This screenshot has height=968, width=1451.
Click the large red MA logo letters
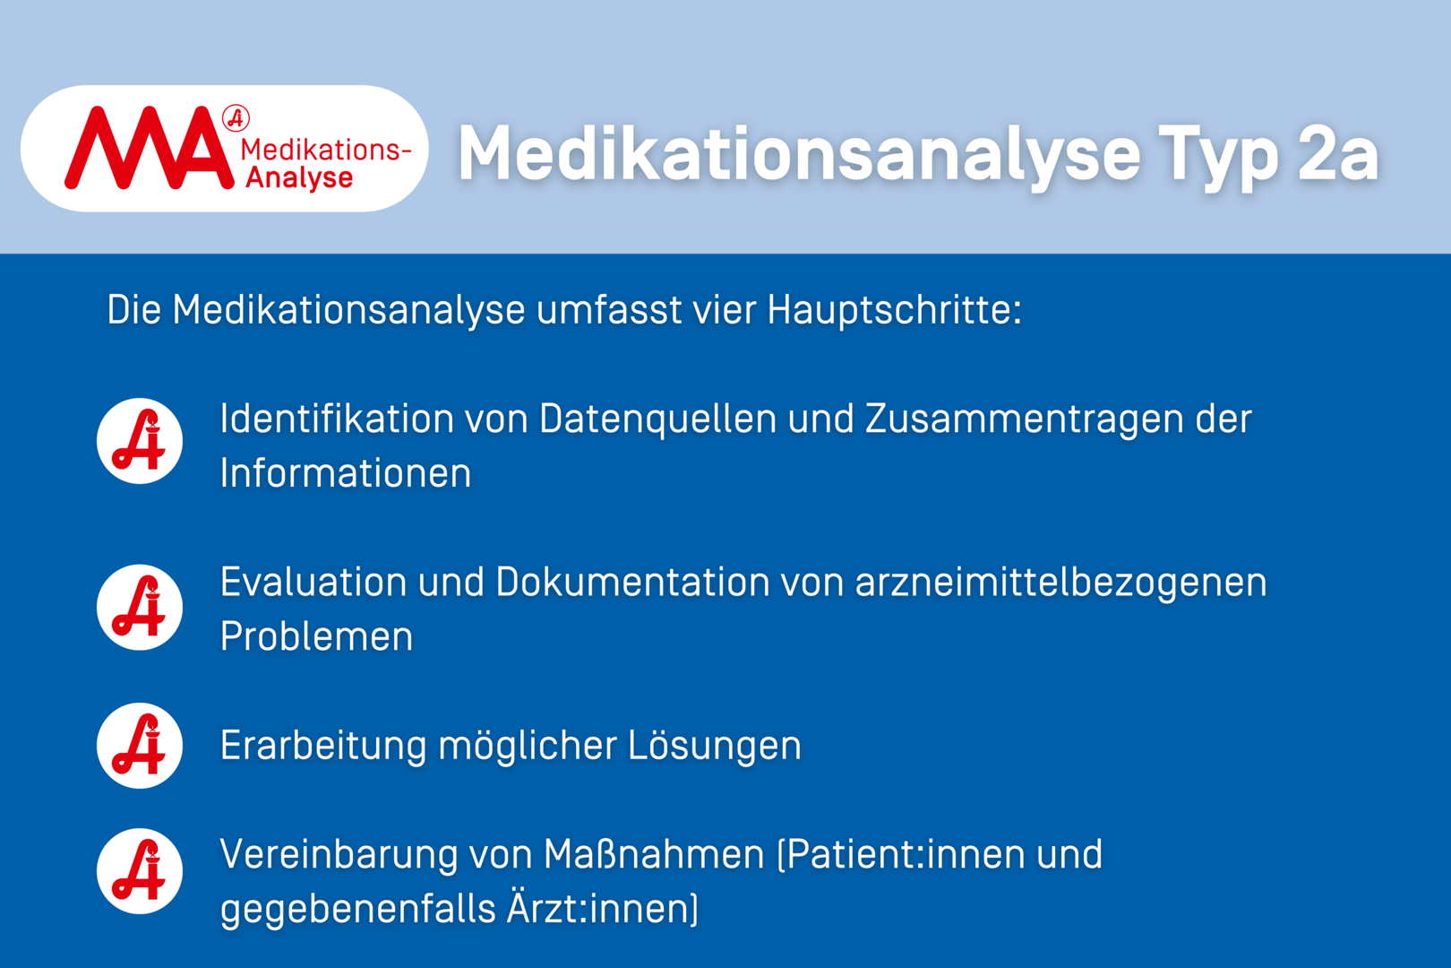149,148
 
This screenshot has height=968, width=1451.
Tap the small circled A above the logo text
236,118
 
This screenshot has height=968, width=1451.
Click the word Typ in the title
1218,159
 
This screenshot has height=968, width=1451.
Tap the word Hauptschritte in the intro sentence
894,310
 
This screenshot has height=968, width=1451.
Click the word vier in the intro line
724,310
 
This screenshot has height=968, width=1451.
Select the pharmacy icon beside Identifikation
139,441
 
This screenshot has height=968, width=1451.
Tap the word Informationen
345,473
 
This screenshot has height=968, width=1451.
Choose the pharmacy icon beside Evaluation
139,608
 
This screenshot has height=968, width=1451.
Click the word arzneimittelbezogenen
1061,583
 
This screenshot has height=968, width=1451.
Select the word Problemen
316,636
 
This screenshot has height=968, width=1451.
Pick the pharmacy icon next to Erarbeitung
139,746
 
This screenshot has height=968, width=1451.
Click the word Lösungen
715,747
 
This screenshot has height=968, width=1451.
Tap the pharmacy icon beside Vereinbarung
139,871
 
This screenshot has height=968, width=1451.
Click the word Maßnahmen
654,854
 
